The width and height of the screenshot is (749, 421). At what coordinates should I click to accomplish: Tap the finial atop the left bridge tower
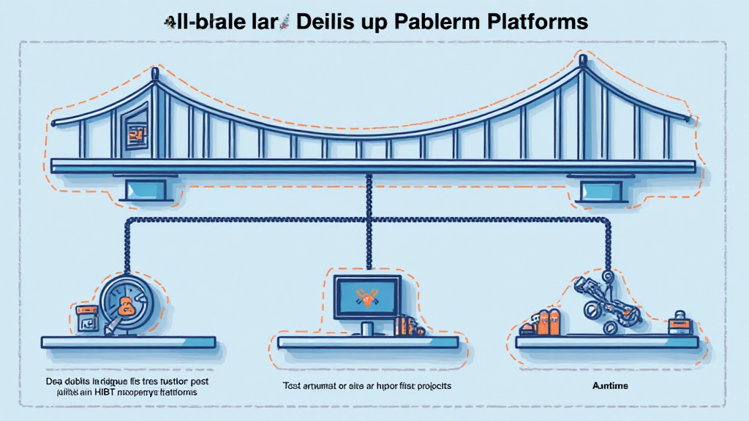point(154,74)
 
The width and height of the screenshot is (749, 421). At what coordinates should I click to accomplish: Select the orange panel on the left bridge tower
point(135,133)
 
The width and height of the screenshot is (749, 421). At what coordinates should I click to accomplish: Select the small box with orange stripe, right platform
point(678,322)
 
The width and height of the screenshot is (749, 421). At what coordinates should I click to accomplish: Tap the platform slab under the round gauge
point(128,342)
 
